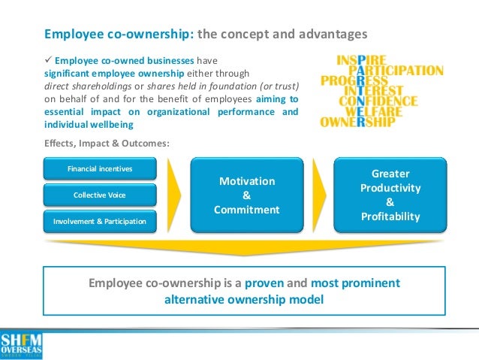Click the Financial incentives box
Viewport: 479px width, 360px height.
[100, 168]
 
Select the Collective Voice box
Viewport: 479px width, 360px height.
[100, 195]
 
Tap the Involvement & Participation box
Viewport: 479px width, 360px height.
[100, 221]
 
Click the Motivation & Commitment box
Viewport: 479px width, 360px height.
[247, 195]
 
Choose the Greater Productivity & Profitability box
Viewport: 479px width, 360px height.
[390, 195]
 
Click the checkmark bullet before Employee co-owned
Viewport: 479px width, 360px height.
[48, 60]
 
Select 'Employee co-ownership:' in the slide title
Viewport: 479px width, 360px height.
[118, 34]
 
